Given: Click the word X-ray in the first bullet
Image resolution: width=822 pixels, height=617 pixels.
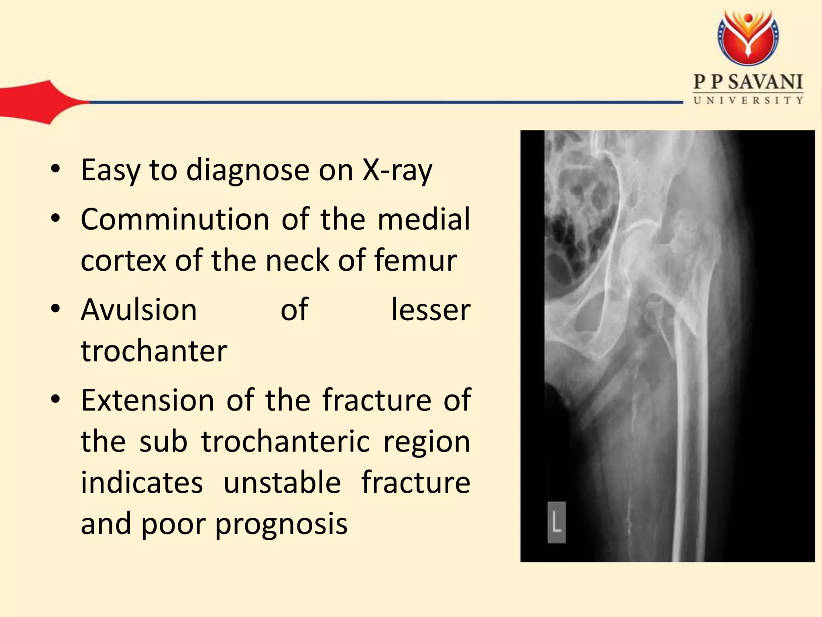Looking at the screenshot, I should point(397,170).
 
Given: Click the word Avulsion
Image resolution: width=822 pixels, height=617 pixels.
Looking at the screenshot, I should point(139,310).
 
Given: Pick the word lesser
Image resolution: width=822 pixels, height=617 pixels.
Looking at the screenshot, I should point(431,310).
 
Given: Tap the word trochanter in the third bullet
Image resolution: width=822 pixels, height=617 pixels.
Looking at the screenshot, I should point(154,351).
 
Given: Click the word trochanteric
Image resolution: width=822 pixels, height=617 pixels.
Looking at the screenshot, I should point(285,441).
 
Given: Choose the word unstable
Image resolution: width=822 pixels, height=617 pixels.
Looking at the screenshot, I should point(282,482).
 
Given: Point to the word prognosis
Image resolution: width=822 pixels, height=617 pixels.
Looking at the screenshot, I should point(281,525).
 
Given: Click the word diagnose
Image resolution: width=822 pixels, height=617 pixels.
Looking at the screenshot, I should point(248,170).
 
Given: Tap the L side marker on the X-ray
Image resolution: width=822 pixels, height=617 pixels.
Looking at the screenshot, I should point(557,523).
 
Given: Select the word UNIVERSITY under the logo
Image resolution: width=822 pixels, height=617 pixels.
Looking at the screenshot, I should point(748,100).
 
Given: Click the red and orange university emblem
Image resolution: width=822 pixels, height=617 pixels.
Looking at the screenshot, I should point(748,38).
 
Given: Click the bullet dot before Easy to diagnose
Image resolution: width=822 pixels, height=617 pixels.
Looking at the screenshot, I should point(55,169).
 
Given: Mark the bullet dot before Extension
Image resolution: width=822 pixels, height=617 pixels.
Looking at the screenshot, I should point(55,399).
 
